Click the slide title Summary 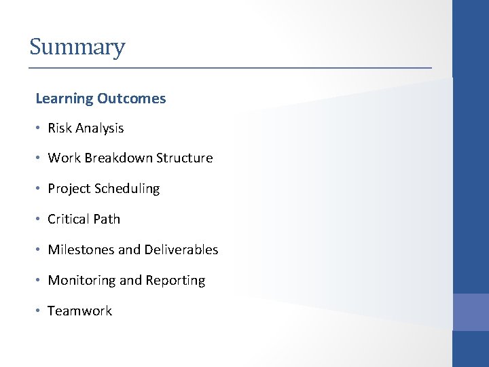(x=77, y=48)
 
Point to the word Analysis (x=100, y=128)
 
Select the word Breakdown (x=120, y=158)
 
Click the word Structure (x=184, y=158)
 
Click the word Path (x=107, y=219)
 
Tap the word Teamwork (x=79, y=311)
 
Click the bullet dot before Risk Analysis (x=39, y=128)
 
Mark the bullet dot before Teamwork (x=39, y=311)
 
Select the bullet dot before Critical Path (x=39, y=220)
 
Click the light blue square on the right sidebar (x=471, y=311)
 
